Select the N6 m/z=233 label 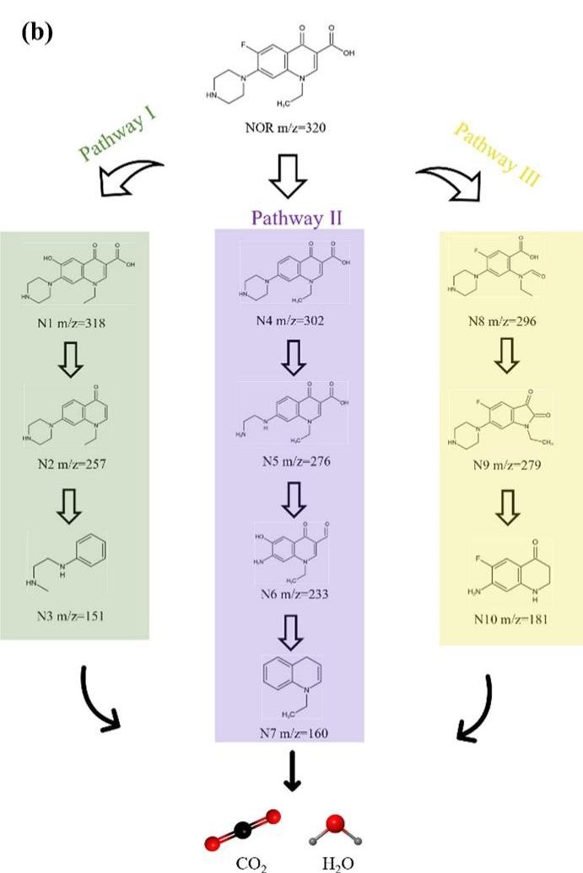point(289,595)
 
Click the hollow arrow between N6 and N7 point(289,635)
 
